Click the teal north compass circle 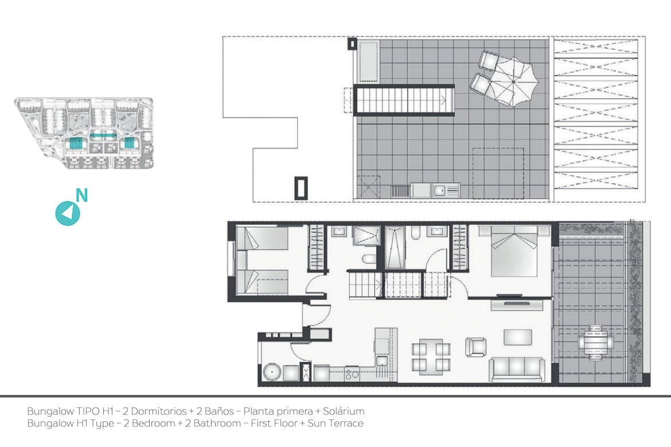pos(68,213)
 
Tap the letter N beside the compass pos(82,195)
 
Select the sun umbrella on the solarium pos(514,82)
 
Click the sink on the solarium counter pos(439,190)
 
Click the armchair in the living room pos(476,347)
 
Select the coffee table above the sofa pos(518,337)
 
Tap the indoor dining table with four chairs pos(431,357)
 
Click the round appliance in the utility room pos(271,372)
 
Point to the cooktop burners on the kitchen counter pos(352,374)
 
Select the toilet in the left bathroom pos(368,260)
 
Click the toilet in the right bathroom pos(416,233)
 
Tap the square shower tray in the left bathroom pos(366,236)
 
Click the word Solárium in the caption pos(344,411)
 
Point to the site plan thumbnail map pos(84,133)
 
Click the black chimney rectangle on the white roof pos(301,188)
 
